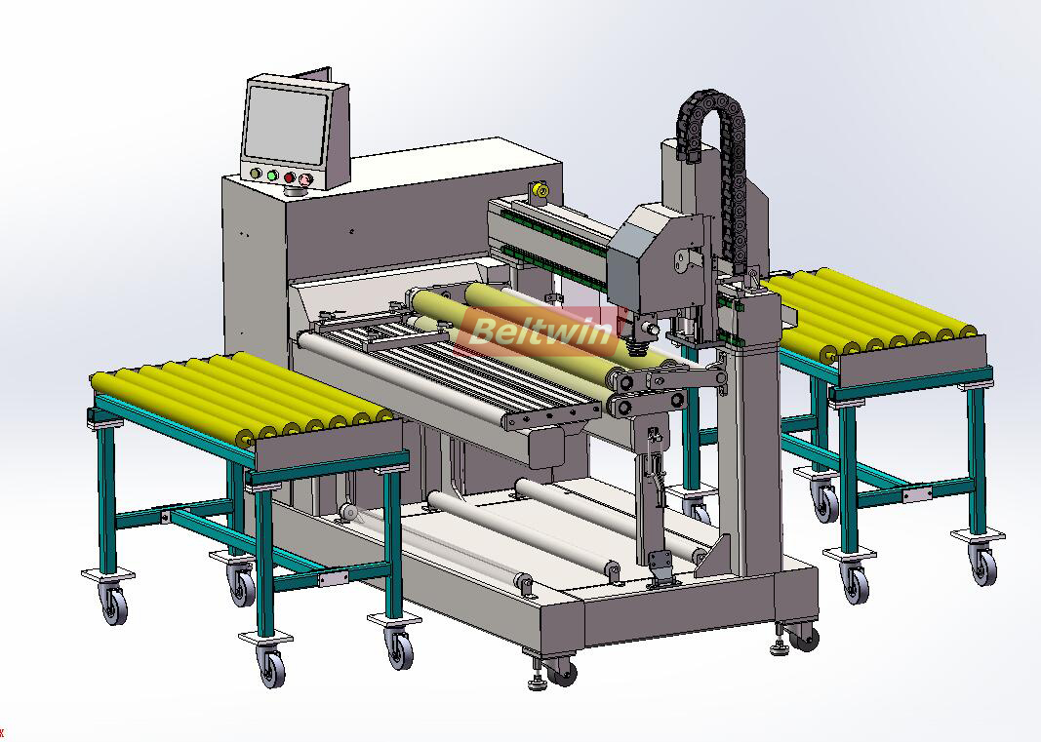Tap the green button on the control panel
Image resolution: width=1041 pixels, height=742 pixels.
(272, 176)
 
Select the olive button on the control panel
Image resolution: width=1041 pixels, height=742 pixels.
(256, 175)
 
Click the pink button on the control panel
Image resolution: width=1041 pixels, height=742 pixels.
(305, 179)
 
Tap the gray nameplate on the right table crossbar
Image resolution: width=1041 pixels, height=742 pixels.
(916, 495)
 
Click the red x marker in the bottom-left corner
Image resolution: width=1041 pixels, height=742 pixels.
(3, 730)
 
